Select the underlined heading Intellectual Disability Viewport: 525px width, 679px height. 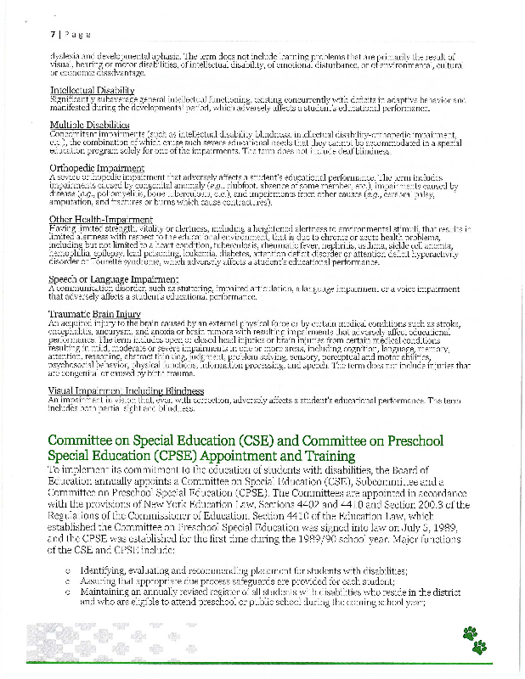pyautogui.click(x=92, y=90)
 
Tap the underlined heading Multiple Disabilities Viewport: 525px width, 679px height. pyautogui.click(x=88, y=125)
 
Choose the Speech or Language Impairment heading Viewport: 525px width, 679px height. pyautogui.click(x=106, y=278)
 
